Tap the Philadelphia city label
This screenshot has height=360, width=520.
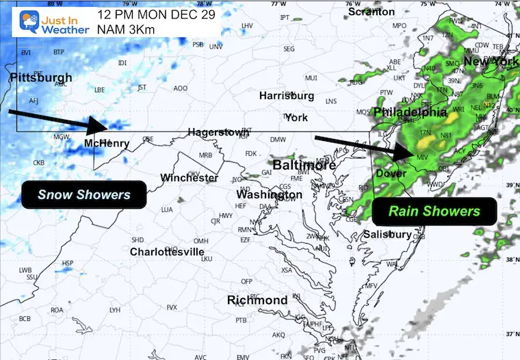[411, 112]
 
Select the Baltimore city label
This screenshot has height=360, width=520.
[304, 166]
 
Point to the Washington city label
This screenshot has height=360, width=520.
[269, 195]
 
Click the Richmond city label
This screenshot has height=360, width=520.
[257, 300]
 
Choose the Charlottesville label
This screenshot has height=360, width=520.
[167, 252]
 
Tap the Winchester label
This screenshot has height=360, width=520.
[189, 178]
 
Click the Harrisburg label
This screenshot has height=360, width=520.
[286, 96]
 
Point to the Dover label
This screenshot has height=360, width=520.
[391, 174]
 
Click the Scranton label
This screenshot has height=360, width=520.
[372, 12]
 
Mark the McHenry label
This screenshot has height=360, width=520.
[106, 143]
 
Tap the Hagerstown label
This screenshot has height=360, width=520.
[215, 132]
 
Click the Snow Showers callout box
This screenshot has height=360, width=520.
[84, 195]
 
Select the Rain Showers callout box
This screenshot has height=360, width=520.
[435, 211]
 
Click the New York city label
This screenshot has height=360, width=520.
[491, 62]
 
